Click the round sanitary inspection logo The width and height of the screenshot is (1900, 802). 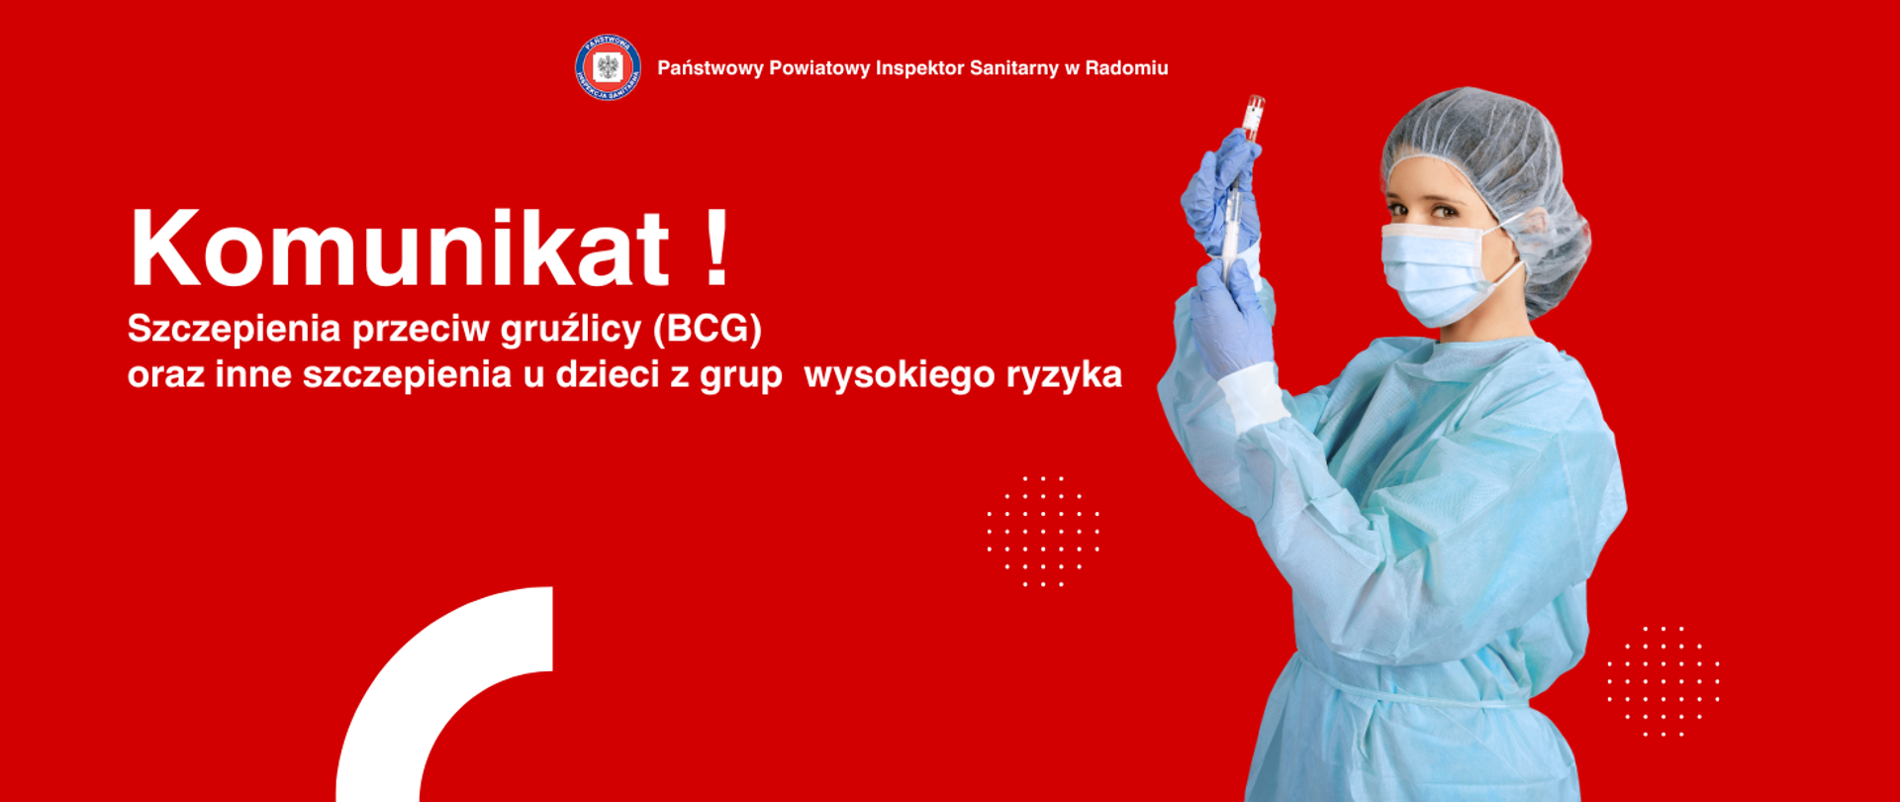608,68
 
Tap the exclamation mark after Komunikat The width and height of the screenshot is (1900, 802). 718,248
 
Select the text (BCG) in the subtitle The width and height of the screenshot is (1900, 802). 707,329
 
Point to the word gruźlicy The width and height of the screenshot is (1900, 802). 570,330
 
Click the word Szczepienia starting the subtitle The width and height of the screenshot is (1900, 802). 234,330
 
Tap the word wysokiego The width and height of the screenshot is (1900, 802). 899,376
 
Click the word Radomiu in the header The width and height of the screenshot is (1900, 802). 1126,68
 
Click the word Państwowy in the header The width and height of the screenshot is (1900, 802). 710,68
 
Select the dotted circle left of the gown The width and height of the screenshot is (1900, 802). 1043,531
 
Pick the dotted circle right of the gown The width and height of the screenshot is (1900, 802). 1663,681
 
